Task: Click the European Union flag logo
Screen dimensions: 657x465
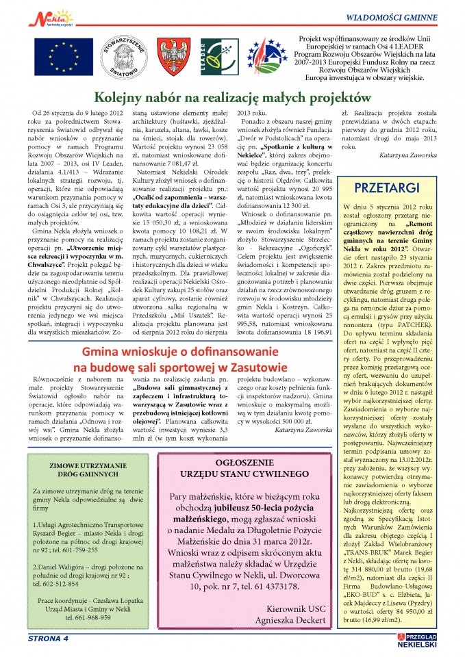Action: click(x=58, y=57)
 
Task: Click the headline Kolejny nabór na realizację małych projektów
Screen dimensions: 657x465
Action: click(x=232, y=97)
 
